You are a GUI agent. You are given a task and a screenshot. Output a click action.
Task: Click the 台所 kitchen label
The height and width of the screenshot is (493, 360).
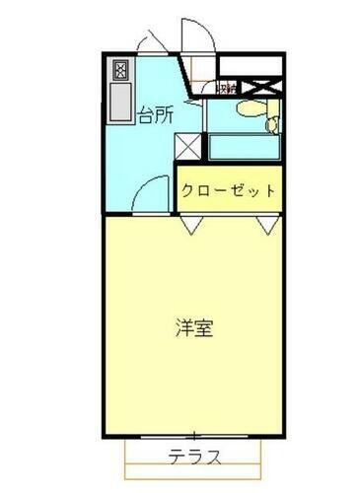point(156,115)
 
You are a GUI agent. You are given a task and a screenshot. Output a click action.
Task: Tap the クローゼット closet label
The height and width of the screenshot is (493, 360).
point(228,190)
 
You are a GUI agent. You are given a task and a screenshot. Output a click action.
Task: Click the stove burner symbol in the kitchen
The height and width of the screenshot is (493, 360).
point(121,70)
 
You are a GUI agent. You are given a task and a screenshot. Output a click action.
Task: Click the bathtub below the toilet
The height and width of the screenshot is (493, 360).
point(245,147)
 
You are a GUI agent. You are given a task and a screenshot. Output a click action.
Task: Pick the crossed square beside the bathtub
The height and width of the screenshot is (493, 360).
point(189,145)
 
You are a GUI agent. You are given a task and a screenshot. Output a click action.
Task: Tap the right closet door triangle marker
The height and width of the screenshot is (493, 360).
point(267,226)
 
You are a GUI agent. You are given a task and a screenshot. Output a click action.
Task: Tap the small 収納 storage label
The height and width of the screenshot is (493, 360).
point(224,89)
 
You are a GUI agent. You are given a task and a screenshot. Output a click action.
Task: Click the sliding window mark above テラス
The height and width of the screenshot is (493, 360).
point(194,435)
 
